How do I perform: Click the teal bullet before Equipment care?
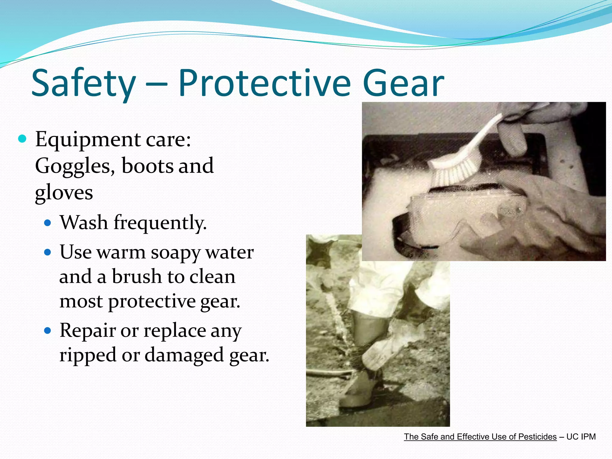[x=22, y=139]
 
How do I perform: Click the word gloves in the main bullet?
[x=64, y=193]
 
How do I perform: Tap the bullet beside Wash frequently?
[x=48, y=223]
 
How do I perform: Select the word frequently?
[x=160, y=223]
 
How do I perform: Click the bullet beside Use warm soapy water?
[x=48, y=252]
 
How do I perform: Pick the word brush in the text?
[x=137, y=276]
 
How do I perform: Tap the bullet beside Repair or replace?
[x=48, y=331]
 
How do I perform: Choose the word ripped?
[x=88, y=355]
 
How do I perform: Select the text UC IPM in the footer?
[x=581, y=437]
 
